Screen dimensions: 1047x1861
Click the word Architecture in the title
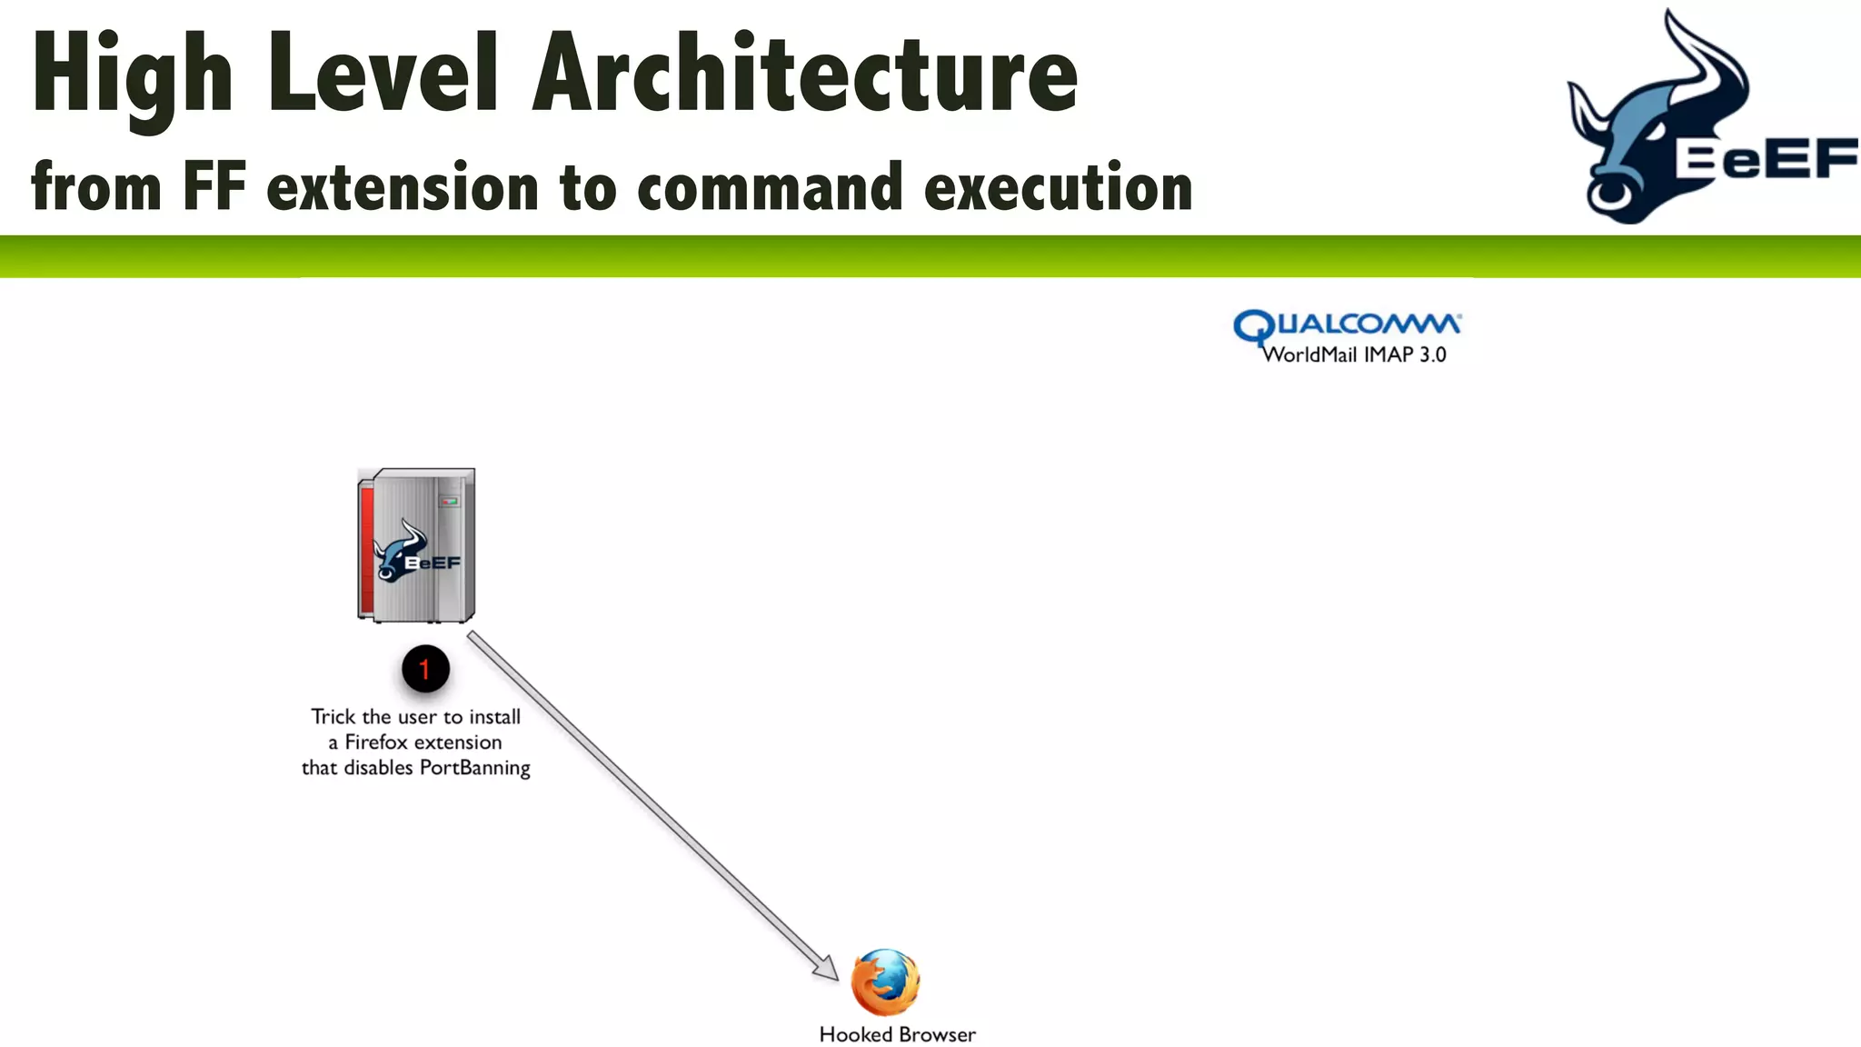point(804,75)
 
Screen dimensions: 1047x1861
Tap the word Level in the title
point(383,75)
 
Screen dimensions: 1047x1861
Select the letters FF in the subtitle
point(214,186)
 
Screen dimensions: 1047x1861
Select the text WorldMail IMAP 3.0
point(1354,355)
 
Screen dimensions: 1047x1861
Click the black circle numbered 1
point(424,670)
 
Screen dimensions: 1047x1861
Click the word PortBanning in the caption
point(474,768)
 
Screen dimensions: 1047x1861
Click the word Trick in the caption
point(333,717)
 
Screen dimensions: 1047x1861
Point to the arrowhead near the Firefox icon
point(826,969)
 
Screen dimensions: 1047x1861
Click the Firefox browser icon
point(885,982)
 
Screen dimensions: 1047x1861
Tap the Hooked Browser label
point(897,1034)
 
